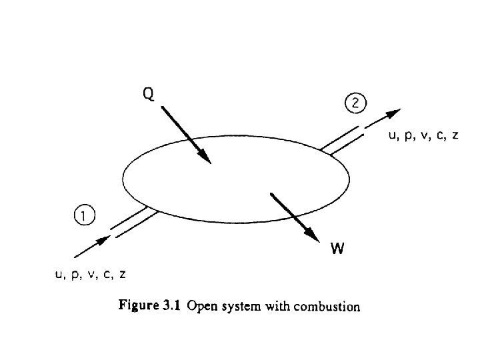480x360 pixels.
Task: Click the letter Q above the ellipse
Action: (149, 95)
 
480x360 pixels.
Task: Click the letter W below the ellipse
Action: (337, 249)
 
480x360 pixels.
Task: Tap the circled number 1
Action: (83, 215)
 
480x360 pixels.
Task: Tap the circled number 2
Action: (355, 103)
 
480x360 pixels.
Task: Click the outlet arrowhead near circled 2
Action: (396, 113)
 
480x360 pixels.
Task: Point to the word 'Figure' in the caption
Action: (137, 307)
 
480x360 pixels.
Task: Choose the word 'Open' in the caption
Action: (202, 307)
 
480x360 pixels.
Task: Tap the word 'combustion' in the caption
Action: (325, 307)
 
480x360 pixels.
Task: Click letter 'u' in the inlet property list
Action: (59, 273)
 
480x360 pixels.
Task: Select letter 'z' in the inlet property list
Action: (123, 273)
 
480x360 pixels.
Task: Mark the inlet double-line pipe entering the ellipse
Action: (133, 222)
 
